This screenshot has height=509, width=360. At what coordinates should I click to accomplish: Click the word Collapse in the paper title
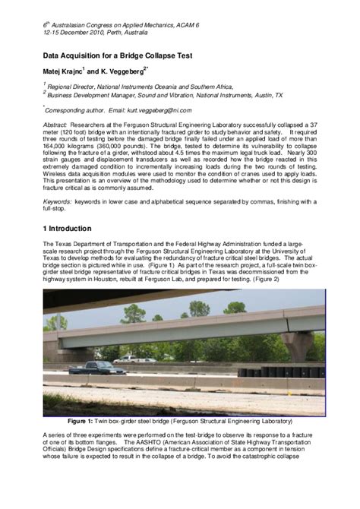150,56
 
